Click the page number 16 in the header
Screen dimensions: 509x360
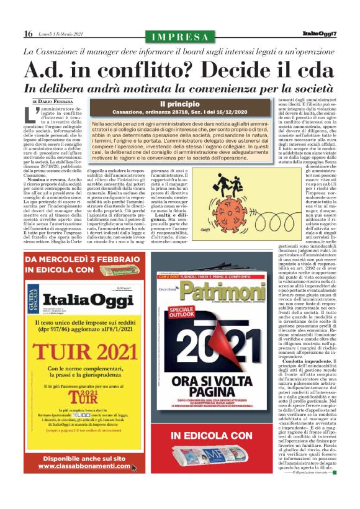28,34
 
